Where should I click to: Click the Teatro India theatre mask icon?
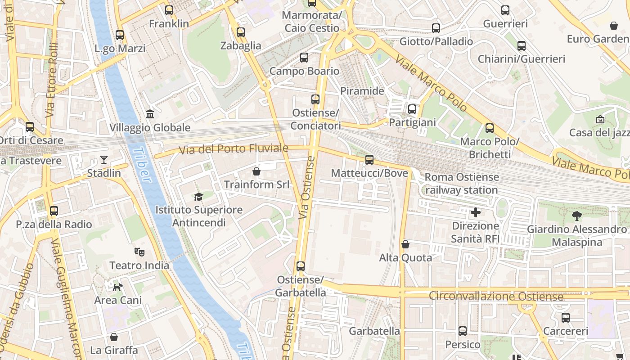point(139,252)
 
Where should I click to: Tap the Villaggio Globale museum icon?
point(150,114)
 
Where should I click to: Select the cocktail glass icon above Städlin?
point(104,160)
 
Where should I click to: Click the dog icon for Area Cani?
point(117,287)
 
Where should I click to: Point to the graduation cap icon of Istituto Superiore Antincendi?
point(198,197)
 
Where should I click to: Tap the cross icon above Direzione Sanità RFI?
point(475,212)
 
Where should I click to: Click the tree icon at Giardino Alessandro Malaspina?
point(576,216)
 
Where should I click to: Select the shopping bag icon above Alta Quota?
point(405,244)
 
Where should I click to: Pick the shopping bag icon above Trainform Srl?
point(256,171)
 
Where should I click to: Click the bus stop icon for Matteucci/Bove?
point(369,160)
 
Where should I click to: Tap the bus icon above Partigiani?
point(412,109)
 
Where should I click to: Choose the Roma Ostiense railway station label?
point(462,184)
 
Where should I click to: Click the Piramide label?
point(362,91)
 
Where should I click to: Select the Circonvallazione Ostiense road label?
point(496,297)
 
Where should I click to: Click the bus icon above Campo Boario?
point(304,58)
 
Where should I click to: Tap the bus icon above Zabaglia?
point(241,32)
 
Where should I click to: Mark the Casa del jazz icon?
point(600,119)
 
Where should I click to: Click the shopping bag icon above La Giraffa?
point(114,337)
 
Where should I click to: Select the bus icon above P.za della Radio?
point(54,211)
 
